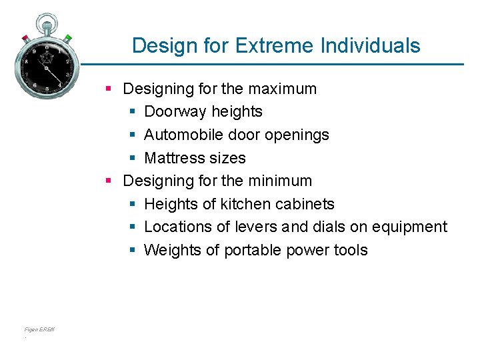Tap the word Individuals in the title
[x=370, y=45]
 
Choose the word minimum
[x=281, y=181]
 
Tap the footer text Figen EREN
[x=39, y=329]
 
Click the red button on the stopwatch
[x=25, y=37]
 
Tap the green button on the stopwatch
[x=68, y=37]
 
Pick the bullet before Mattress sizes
[x=132, y=158]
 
